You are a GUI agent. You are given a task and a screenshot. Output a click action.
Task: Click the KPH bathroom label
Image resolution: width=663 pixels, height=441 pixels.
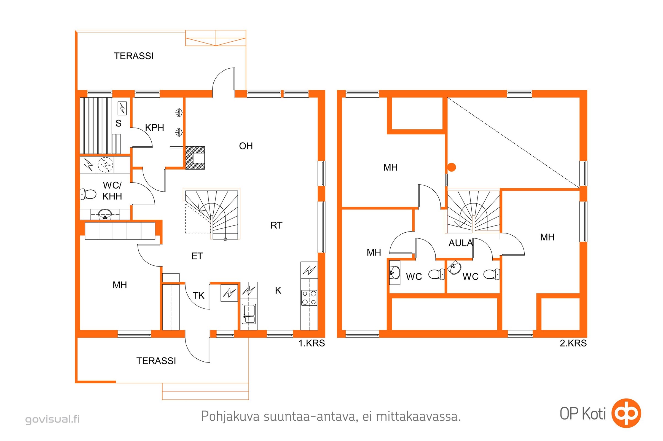tap(154, 127)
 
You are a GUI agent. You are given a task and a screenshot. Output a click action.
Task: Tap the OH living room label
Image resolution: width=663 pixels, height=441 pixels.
tap(246, 146)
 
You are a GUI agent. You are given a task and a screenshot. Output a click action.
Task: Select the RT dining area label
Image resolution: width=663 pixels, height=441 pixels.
tap(276, 225)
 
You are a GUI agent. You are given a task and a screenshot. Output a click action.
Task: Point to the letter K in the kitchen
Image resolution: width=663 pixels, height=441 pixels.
tap(278, 291)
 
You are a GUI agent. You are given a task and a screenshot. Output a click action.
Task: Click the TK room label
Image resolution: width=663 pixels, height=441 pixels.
tap(198, 295)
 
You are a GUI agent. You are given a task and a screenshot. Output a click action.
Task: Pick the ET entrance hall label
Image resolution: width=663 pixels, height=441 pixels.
tap(197, 256)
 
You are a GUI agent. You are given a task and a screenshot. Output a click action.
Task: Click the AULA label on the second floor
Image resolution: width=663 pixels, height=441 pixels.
tap(461, 243)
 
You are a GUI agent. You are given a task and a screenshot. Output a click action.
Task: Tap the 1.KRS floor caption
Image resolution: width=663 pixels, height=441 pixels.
tap(312, 343)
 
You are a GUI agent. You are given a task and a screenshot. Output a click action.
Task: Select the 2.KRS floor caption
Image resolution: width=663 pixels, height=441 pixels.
tap(573, 343)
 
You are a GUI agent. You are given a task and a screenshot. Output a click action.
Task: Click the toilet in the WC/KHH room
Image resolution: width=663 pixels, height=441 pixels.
tap(88, 194)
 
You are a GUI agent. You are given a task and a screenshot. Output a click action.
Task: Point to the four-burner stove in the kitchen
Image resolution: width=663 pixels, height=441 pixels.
tap(309, 298)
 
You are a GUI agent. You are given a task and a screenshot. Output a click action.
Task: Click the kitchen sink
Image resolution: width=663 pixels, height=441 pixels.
tap(249, 314)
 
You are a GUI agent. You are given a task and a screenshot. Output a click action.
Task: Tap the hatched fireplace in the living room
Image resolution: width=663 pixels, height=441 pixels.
tap(195, 158)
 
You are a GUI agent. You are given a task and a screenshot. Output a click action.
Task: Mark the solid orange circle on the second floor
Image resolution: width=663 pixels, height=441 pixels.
tap(452, 167)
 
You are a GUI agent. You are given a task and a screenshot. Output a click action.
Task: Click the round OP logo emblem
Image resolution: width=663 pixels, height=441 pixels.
tap(626, 413)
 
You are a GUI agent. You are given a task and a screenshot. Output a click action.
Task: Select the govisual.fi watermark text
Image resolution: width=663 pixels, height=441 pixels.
tap(53, 419)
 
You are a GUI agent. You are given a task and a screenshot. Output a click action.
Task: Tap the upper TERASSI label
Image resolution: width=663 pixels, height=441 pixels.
tap(134, 56)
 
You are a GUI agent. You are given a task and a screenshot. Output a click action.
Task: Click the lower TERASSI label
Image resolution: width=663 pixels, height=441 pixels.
tap(156, 361)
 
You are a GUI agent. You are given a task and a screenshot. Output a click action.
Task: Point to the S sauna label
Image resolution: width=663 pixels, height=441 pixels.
tap(119, 123)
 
